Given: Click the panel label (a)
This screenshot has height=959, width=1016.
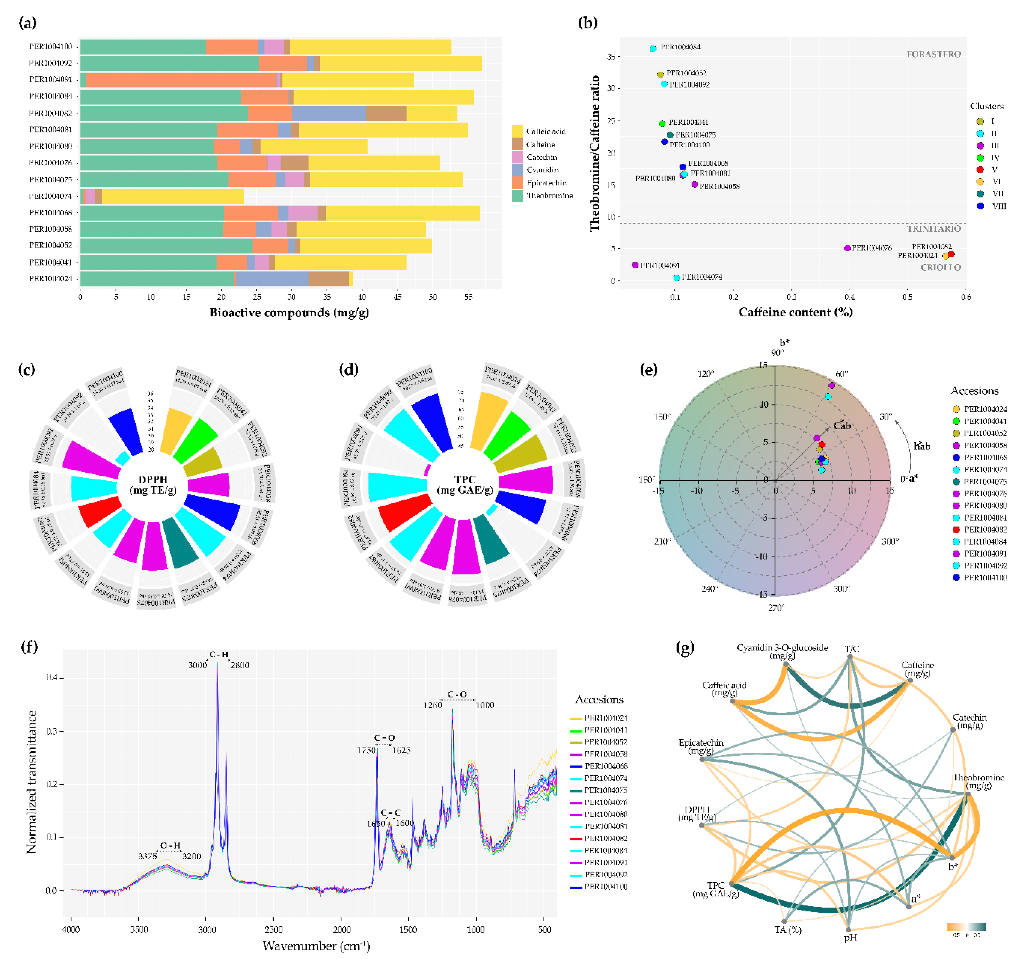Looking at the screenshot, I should pos(28,23).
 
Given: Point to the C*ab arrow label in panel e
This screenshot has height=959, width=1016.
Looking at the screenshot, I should pos(842,426).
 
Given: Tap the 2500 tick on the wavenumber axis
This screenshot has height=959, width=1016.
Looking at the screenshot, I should pos(274,930).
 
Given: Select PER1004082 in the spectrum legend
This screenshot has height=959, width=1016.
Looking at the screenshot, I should pos(605,838).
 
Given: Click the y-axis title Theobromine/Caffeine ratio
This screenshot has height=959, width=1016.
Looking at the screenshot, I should pos(594,153).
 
